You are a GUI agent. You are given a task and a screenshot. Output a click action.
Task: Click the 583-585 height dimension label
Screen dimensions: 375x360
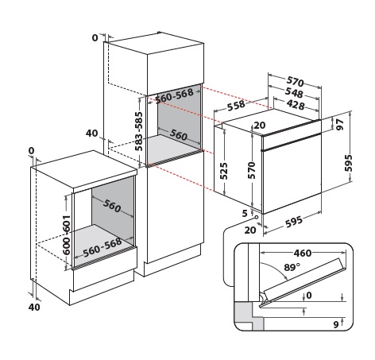[x=138, y=131]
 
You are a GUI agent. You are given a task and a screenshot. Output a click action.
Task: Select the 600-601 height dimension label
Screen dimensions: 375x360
[x=66, y=235]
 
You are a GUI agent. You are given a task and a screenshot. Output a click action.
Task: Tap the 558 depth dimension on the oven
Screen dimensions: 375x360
[x=236, y=105]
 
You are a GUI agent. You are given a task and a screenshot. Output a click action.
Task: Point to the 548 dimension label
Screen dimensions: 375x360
[x=294, y=92]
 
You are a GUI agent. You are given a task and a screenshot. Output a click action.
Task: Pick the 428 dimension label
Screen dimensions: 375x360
[x=296, y=105]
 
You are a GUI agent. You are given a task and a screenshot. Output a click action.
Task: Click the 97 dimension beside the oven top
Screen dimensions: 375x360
[x=340, y=125]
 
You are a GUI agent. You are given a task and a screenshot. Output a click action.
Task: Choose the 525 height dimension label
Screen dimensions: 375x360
[x=223, y=171]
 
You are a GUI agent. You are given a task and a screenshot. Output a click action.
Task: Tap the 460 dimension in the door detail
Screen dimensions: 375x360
[x=303, y=254]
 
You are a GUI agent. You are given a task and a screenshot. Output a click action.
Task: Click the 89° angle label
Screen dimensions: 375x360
[x=292, y=267]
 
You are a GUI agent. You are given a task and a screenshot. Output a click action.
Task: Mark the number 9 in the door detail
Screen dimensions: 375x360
[x=336, y=324]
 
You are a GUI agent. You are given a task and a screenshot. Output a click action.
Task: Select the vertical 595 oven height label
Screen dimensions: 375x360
[x=349, y=163]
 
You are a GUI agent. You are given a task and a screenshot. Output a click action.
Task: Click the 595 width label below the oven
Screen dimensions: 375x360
[x=293, y=222]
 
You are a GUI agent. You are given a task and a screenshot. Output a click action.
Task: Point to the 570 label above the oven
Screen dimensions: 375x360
[x=296, y=81]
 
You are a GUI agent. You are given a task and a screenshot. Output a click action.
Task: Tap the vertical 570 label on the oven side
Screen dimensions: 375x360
[x=251, y=170]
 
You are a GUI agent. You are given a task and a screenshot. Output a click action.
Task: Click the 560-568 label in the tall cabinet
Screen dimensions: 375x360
[x=174, y=96]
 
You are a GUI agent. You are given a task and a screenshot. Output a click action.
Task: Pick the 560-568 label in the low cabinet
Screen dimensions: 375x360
[x=102, y=247]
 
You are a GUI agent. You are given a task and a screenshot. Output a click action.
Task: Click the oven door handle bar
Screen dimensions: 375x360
[x=292, y=141]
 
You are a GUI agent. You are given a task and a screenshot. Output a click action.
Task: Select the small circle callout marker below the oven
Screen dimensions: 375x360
[x=256, y=217]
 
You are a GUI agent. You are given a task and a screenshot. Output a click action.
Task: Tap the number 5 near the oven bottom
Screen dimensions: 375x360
[x=245, y=213]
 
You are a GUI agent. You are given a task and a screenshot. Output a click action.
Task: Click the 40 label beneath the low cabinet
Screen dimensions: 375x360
[x=34, y=308]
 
